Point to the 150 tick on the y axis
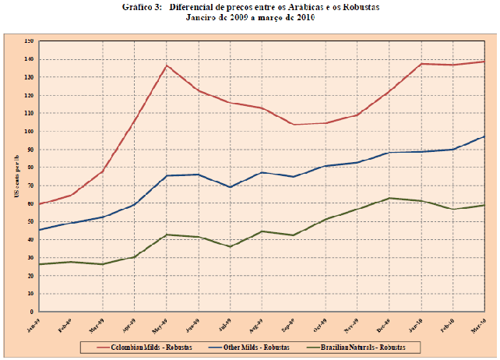click(x=28, y=41)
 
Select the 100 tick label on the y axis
click(x=28, y=131)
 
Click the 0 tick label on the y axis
click(x=31, y=311)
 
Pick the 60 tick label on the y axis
click(x=30, y=203)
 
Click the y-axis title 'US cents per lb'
click(x=16, y=176)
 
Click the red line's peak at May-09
click(x=167, y=65)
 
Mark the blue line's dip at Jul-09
click(x=230, y=187)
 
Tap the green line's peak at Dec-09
click(x=389, y=198)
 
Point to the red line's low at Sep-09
click(x=294, y=125)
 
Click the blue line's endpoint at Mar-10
click(x=484, y=137)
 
